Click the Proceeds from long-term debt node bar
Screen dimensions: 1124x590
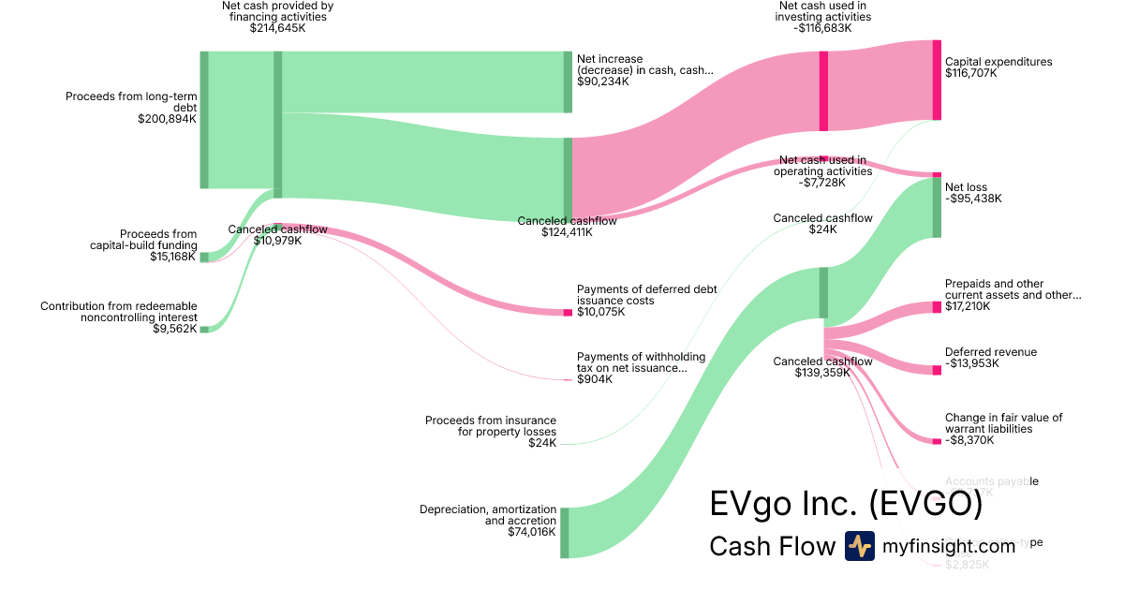tap(204, 119)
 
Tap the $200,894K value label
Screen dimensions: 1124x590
tap(167, 119)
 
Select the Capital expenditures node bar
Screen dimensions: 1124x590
tap(937, 80)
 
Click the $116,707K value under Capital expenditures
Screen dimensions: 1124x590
tap(971, 73)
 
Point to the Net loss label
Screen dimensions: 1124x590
tap(966, 187)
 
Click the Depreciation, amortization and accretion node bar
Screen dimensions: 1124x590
tap(564, 532)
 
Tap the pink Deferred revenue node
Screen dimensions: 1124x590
tap(937, 370)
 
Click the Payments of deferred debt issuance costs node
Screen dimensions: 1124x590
tap(568, 312)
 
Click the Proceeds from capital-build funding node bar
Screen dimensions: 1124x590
tap(204, 257)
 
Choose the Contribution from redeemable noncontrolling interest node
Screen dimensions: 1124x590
tap(204, 330)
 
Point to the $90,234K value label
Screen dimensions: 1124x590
tap(603, 81)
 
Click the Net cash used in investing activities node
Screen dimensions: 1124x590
tap(823, 91)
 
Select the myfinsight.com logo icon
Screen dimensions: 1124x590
tap(859, 546)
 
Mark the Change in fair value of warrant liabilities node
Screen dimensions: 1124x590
tap(937, 440)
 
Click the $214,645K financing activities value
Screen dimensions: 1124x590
tap(277, 28)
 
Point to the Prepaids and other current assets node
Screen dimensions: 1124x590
tap(937, 307)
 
